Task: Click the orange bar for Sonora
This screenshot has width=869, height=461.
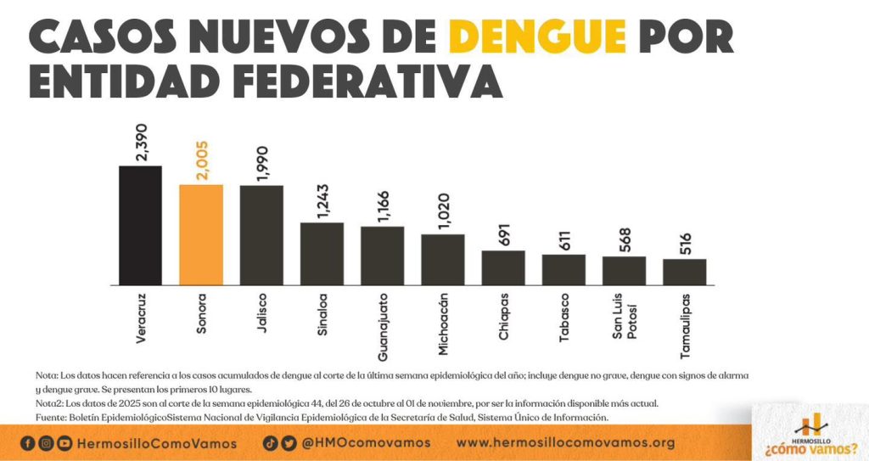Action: (201, 234)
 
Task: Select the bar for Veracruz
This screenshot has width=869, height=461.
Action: (140, 225)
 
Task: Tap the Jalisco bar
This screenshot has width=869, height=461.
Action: (261, 235)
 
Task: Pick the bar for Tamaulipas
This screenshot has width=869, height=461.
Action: (684, 272)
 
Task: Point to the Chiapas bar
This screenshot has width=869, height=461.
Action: (503, 267)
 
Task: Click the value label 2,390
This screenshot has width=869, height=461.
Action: (141, 141)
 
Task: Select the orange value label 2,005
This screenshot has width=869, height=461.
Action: (201, 160)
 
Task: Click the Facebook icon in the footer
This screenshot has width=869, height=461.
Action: (27, 443)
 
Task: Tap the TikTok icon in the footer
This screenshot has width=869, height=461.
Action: (269, 442)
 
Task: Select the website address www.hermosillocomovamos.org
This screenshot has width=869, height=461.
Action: (565, 443)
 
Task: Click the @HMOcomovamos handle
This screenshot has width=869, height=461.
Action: (367, 443)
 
